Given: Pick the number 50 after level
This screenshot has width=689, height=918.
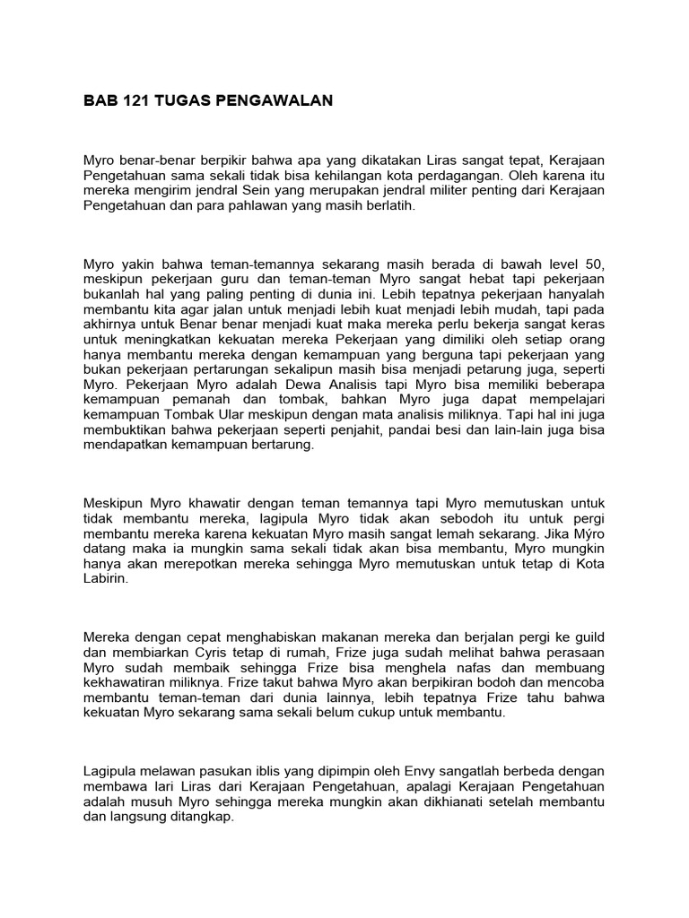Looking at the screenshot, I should tap(596, 264).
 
